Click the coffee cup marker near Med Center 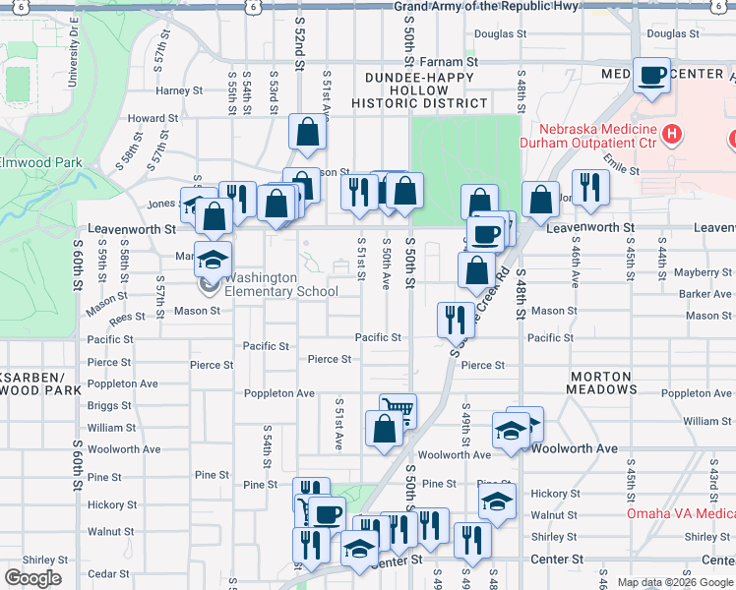(x=650, y=76)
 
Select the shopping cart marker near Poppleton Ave (x=397, y=410)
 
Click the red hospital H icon (x=673, y=133)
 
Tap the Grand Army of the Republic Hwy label (x=488, y=7)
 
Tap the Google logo (x=32, y=577)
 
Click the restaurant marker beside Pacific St (x=455, y=318)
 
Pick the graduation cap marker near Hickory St (x=498, y=501)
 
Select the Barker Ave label (x=705, y=293)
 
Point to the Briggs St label (x=109, y=405)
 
